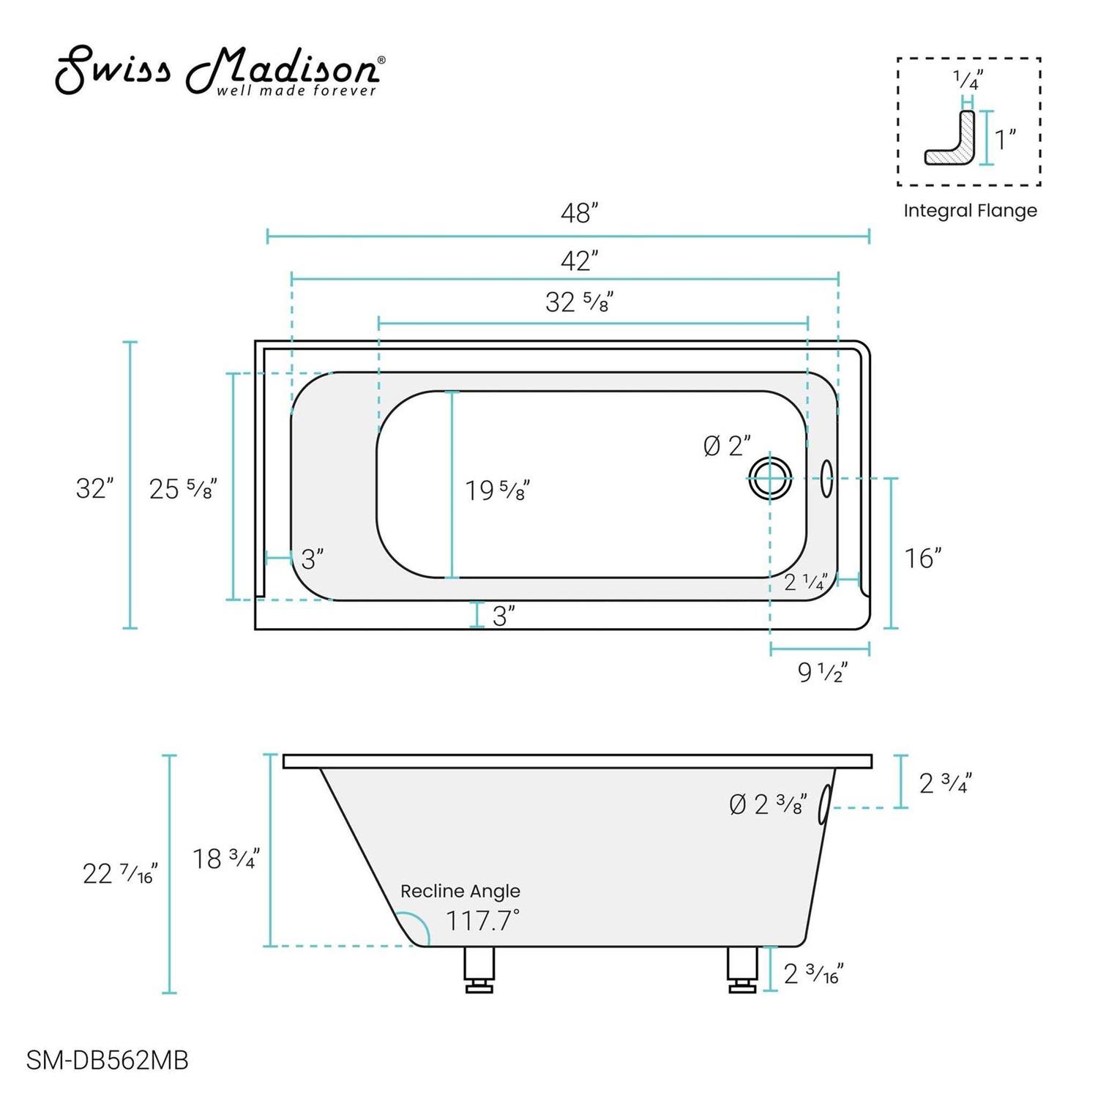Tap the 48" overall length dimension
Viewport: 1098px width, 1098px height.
[x=579, y=214]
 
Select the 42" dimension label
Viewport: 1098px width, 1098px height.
[x=579, y=261]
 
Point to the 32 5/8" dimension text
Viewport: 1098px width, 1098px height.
[x=578, y=302]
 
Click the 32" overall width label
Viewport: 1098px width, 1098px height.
[x=94, y=488]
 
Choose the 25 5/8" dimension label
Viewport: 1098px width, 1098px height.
[x=182, y=489]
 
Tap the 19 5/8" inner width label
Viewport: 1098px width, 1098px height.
[x=498, y=490]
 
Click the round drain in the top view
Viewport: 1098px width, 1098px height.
[x=770, y=478]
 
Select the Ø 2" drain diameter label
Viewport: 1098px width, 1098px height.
[x=727, y=446]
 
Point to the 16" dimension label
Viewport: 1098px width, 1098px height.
[x=922, y=559]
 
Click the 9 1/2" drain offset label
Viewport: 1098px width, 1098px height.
[x=822, y=672]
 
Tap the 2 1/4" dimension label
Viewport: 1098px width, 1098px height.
[x=806, y=583]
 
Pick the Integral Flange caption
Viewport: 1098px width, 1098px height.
[x=970, y=211]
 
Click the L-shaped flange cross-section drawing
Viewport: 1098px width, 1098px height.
[x=951, y=138]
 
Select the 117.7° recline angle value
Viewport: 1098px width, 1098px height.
[x=482, y=920]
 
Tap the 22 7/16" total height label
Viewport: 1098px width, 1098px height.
[x=119, y=873]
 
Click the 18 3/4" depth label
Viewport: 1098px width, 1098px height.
[x=225, y=859]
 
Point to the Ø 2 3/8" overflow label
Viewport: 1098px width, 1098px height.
[x=768, y=804]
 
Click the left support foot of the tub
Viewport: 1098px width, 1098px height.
[x=479, y=969]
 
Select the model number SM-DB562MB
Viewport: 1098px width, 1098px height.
[x=108, y=1060]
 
